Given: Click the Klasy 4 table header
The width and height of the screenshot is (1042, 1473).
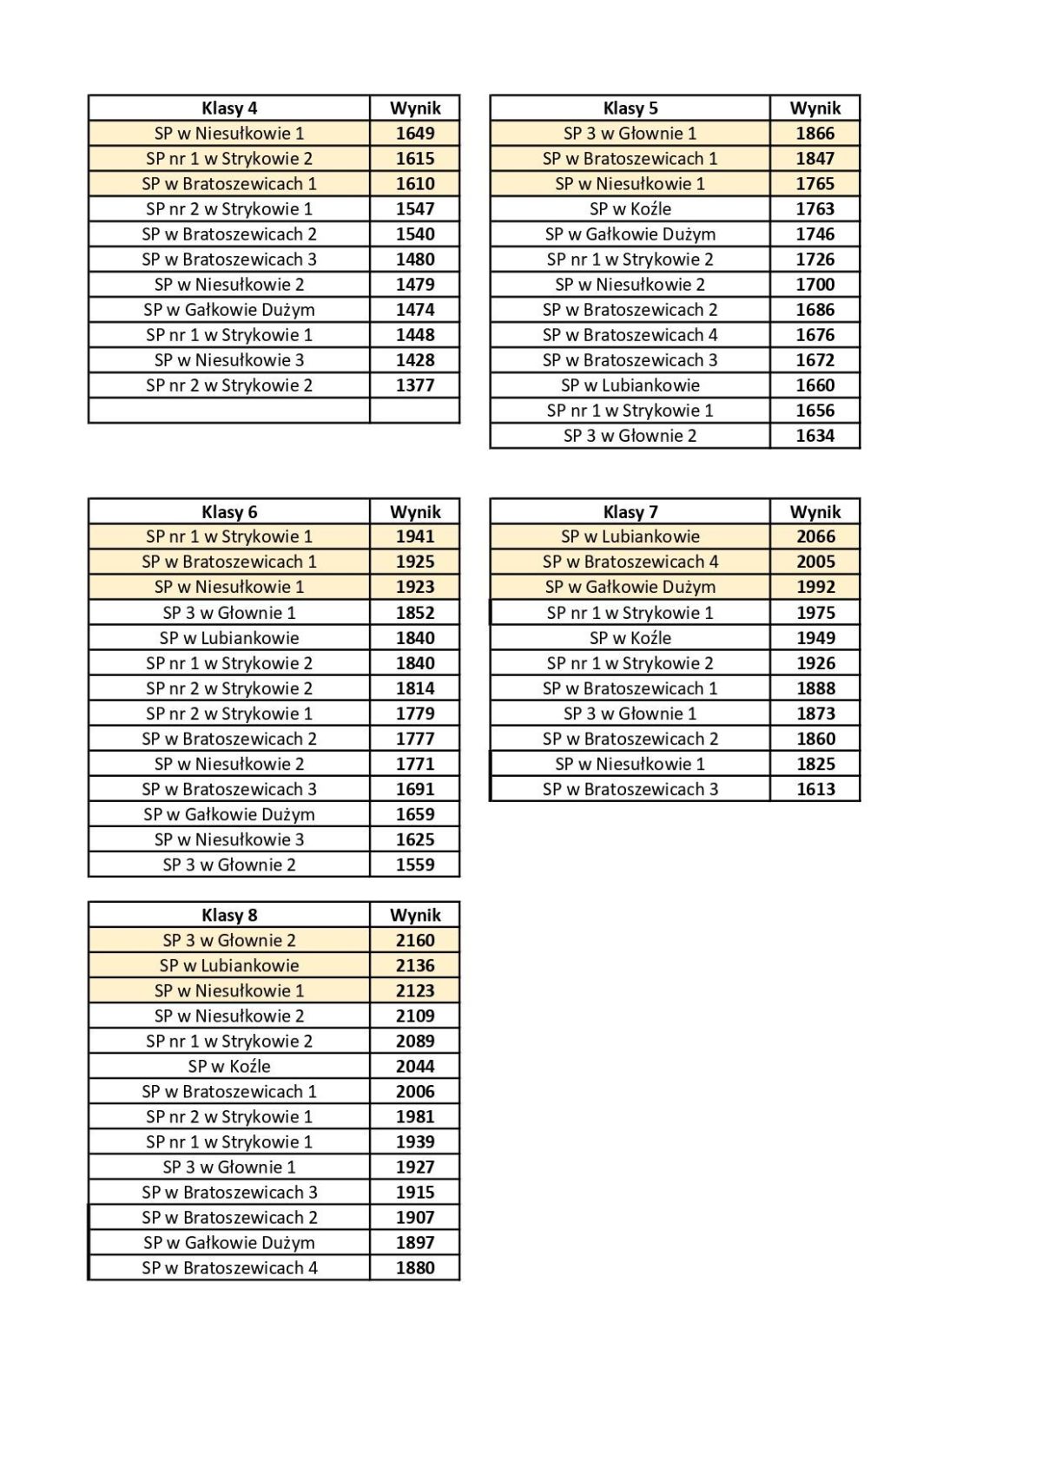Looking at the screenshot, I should pyautogui.click(x=229, y=109).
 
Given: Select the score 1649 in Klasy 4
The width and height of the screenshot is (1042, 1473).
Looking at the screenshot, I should pyautogui.click(x=415, y=134).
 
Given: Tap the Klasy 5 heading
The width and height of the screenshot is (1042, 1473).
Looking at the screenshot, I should pyautogui.click(x=630, y=109).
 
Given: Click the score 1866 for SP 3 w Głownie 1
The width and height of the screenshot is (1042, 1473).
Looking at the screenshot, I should pyautogui.click(x=814, y=134).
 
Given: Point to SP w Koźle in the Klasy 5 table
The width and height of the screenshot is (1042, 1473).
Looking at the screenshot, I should pyautogui.click(x=630, y=209).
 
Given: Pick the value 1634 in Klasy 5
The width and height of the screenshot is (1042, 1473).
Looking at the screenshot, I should pyautogui.click(x=814, y=436).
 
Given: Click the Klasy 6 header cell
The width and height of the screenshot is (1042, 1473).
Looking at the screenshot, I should pyautogui.click(x=229, y=512).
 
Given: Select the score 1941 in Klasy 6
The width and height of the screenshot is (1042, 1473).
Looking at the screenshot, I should pyautogui.click(x=415, y=536).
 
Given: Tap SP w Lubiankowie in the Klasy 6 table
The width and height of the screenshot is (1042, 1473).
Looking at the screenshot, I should pyautogui.click(x=229, y=638).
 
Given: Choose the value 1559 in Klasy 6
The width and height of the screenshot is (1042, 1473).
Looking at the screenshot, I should pyautogui.click(x=415, y=865).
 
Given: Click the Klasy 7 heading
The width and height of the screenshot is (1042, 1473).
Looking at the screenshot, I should pyautogui.click(x=630, y=512).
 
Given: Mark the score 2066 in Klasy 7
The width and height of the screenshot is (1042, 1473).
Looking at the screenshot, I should pyautogui.click(x=815, y=536).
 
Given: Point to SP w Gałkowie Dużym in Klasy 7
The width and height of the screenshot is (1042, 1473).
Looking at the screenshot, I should pyautogui.click(x=630, y=587).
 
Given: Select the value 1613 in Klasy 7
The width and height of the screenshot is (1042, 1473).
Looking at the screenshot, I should pyautogui.click(x=815, y=789).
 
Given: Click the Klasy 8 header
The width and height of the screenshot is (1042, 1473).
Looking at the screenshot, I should pyautogui.click(x=229, y=915).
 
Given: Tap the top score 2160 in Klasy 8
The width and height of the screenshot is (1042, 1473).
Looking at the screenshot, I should pyautogui.click(x=415, y=940).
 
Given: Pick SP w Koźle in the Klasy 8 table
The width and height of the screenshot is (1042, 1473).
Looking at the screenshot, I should pyautogui.click(x=229, y=1066).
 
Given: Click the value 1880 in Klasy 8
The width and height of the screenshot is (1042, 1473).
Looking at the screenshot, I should pyautogui.click(x=415, y=1268).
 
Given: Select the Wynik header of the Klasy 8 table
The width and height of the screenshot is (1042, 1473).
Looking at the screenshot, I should pyautogui.click(x=415, y=915).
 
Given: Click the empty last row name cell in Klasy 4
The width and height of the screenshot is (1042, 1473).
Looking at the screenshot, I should pyautogui.click(x=229, y=411).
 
